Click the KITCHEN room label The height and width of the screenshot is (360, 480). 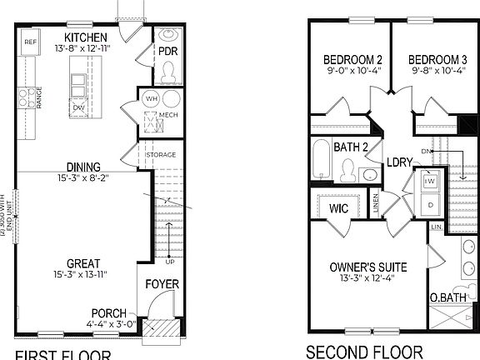tap(85, 37)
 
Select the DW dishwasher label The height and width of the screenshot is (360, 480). tap(77, 107)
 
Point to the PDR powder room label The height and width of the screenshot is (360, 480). tap(169, 52)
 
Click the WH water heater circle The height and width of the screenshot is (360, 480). tap(151, 98)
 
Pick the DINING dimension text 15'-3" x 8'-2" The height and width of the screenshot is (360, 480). tap(84, 177)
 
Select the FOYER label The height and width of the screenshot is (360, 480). tap(162, 285)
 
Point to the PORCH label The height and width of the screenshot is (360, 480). tap(109, 313)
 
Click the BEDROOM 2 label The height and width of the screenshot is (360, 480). tap(352, 60)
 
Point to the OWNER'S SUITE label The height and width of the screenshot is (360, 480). tap(367, 267)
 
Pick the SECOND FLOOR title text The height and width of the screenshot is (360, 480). tap(365, 352)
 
